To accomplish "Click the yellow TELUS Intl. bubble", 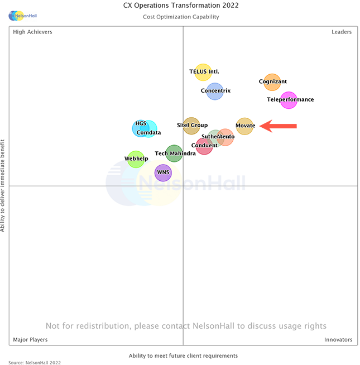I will click(203, 72).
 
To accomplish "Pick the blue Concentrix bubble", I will click(215, 91).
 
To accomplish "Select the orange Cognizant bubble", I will click(272, 82).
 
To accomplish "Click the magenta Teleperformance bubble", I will click(289, 100).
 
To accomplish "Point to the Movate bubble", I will click(245, 126).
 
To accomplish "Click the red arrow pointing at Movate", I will click(279, 126).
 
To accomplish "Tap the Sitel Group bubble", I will click(191, 126).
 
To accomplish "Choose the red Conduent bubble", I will click(204, 146).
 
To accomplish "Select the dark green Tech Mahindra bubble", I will click(174, 153).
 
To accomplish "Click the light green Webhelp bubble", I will click(136, 159).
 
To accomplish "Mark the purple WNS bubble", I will click(163, 173).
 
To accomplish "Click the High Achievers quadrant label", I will click(32, 32).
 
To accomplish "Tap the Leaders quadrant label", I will click(342, 32).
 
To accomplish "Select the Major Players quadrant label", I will click(30, 339).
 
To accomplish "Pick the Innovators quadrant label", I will click(338, 339).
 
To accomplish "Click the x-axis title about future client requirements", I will click(183, 356).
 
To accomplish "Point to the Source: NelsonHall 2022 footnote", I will click(35, 362).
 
